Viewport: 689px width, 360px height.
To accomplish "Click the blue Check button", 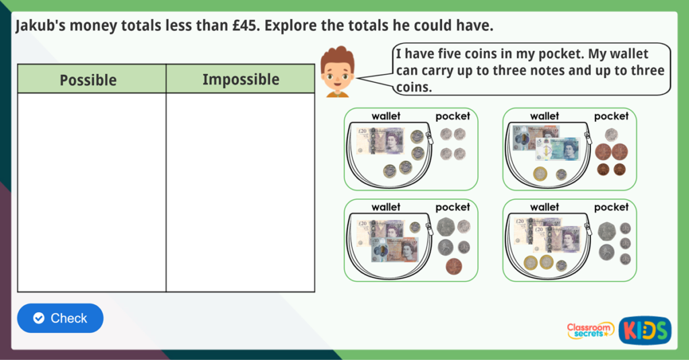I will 61,318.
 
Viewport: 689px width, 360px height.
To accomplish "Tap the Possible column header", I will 88,79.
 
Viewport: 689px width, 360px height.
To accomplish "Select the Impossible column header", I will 241,79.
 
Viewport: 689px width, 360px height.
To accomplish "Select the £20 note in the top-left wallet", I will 381,141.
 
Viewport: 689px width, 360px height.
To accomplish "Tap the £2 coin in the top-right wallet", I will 540,174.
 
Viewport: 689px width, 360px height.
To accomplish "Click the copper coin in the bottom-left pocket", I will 454,266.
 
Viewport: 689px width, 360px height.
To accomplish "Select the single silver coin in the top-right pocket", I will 611,135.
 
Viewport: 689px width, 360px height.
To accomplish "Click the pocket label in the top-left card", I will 453,116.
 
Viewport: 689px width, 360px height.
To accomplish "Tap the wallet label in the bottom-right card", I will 544,207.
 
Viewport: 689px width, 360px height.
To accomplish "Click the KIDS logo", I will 645,330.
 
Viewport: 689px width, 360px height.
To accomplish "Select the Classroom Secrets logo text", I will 590,330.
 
